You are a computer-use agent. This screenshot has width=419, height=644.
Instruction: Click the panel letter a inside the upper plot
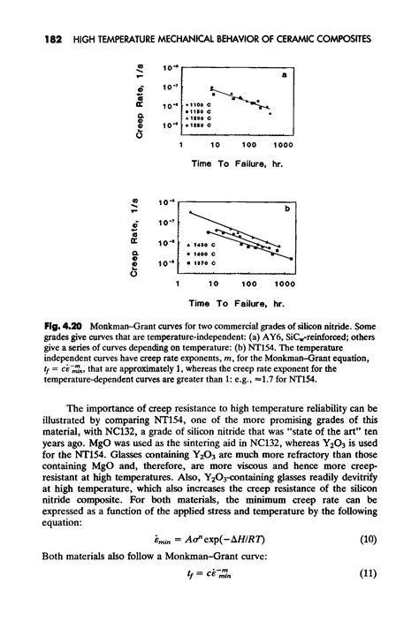[x=285, y=76]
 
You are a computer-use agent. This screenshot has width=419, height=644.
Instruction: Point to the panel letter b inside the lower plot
[x=285, y=209]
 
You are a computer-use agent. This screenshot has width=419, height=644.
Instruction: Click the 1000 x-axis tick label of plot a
[x=283, y=145]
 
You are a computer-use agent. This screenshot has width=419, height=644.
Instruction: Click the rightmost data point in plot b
[x=278, y=252]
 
